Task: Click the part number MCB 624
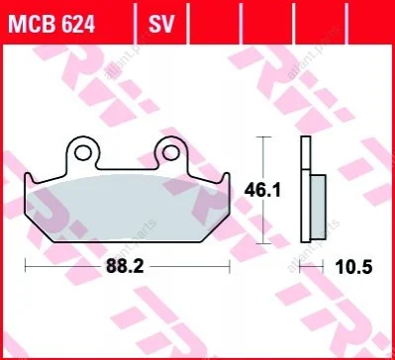click(51, 24)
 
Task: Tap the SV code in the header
click(160, 24)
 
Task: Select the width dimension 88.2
click(125, 266)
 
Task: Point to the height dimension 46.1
click(262, 191)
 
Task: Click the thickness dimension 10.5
click(353, 266)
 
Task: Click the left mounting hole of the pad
click(82, 152)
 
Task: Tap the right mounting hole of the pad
click(170, 152)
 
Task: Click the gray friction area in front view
click(127, 209)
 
